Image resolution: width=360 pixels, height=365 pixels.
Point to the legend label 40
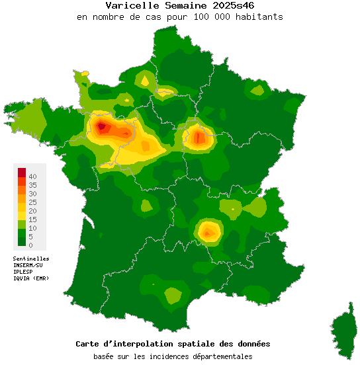click(x=32, y=177)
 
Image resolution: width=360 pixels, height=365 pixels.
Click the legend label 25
click(x=32, y=202)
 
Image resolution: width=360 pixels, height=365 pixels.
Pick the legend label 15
click(x=32, y=220)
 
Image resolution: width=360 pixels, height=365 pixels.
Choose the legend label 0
click(x=30, y=245)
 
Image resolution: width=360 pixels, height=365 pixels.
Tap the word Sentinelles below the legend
click(x=31, y=259)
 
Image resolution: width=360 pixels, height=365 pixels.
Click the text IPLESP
click(x=23, y=272)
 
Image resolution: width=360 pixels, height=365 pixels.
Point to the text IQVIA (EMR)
click(x=30, y=278)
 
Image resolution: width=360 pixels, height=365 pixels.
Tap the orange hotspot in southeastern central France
click(x=208, y=231)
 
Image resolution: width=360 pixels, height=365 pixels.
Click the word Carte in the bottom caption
click(x=89, y=345)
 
